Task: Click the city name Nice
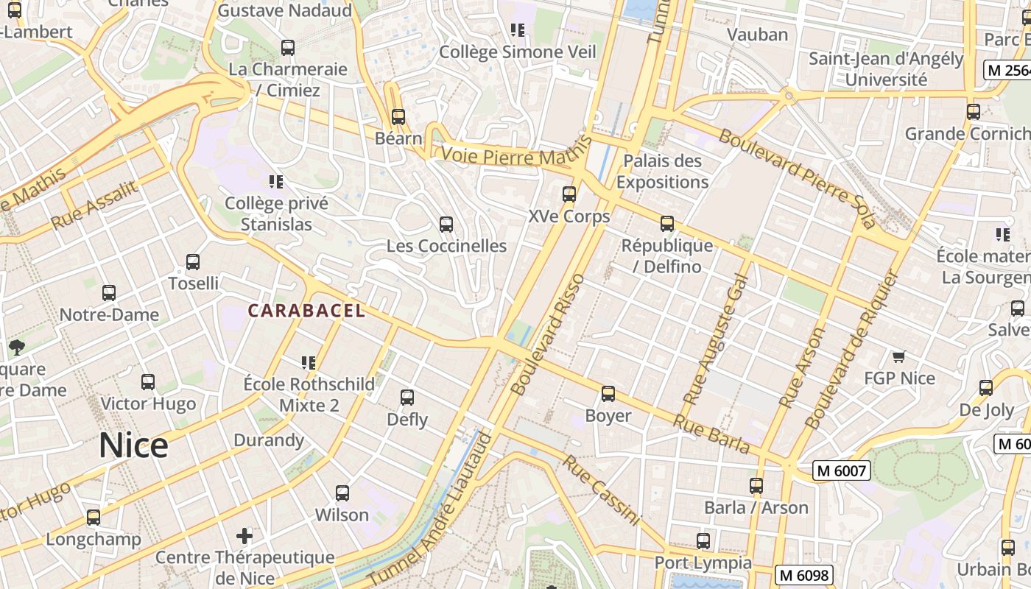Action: point(134,445)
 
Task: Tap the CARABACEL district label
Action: point(306,311)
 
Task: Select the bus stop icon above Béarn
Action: point(398,116)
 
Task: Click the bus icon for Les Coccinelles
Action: point(446,225)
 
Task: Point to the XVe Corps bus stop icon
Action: point(569,194)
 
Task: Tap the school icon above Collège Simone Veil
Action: point(518,30)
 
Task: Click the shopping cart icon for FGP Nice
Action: point(898,357)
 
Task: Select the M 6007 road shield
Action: point(842,470)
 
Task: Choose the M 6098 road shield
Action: point(803,575)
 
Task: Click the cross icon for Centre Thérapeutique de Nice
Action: point(244,535)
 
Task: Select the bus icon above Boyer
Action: point(608,394)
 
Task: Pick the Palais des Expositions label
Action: point(663,172)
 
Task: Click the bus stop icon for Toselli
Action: point(193,261)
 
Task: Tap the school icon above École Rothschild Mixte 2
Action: point(309,362)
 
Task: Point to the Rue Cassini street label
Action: point(601,490)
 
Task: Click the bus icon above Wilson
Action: point(342,493)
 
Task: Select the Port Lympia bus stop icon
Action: point(703,541)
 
